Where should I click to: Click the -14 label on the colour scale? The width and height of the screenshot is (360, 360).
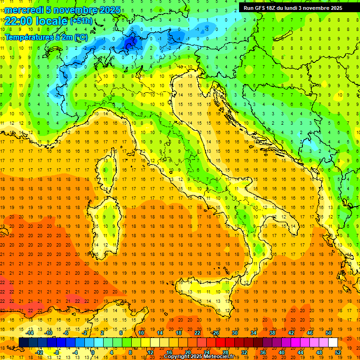(30, 333)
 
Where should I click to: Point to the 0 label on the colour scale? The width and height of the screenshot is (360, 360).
(93, 352)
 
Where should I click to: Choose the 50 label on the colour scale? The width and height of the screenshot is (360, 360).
(328, 333)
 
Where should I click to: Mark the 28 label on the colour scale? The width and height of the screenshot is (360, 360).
(225, 352)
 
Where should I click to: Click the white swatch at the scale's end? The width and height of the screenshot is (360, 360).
(333, 343)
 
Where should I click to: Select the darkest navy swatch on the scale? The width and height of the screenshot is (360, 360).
(23, 343)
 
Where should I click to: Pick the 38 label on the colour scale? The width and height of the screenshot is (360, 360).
(272, 333)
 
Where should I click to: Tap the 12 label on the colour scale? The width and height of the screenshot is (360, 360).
(150, 352)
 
